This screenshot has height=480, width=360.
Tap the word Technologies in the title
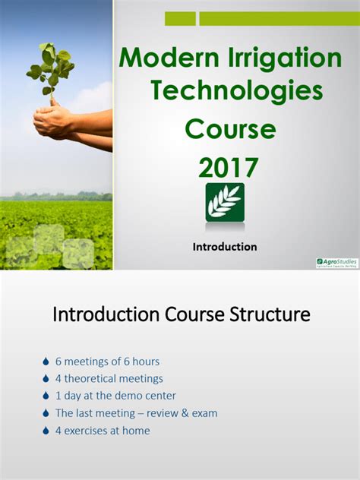coord(236,91)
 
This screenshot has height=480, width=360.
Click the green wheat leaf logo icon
coord(225,201)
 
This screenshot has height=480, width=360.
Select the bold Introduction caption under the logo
coord(225,247)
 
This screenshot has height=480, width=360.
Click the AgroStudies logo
coord(336,262)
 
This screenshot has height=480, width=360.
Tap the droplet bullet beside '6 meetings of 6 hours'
coord(46,362)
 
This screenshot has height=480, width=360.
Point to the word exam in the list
coord(204,413)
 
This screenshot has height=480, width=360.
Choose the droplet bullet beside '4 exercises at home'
coord(46,431)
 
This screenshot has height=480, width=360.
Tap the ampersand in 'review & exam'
coord(182,413)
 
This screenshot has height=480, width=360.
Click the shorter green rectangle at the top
coord(180,19)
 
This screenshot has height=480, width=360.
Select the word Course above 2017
coord(230,129)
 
